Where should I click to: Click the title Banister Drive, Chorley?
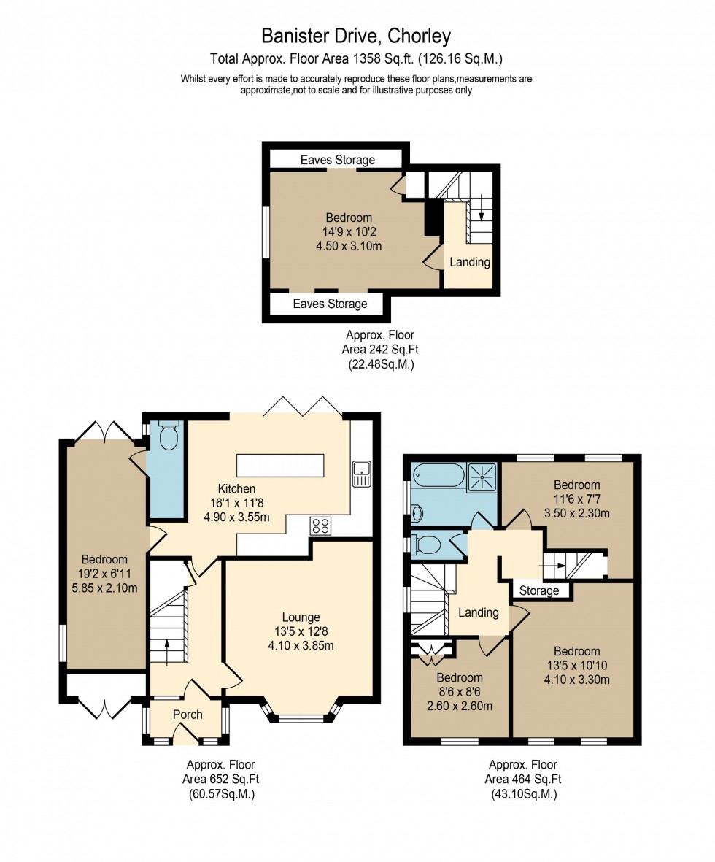(x=356, y=36)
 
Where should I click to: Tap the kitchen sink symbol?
(x=361, y=474)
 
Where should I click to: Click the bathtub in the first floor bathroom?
(x=438, y=477)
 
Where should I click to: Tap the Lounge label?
(x=302, y=617)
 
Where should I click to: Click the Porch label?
(x=188, y=715)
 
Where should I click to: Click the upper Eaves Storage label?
(x=337, y=160)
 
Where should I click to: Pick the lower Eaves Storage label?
(x=330, y=304)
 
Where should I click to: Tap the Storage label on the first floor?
(x=539, y=590)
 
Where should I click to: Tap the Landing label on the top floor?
(x=469, y=262)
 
